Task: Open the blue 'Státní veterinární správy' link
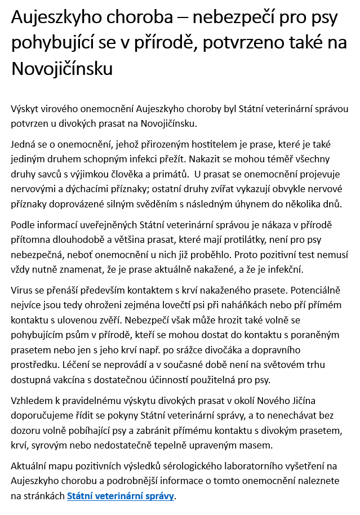[121, 496]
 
